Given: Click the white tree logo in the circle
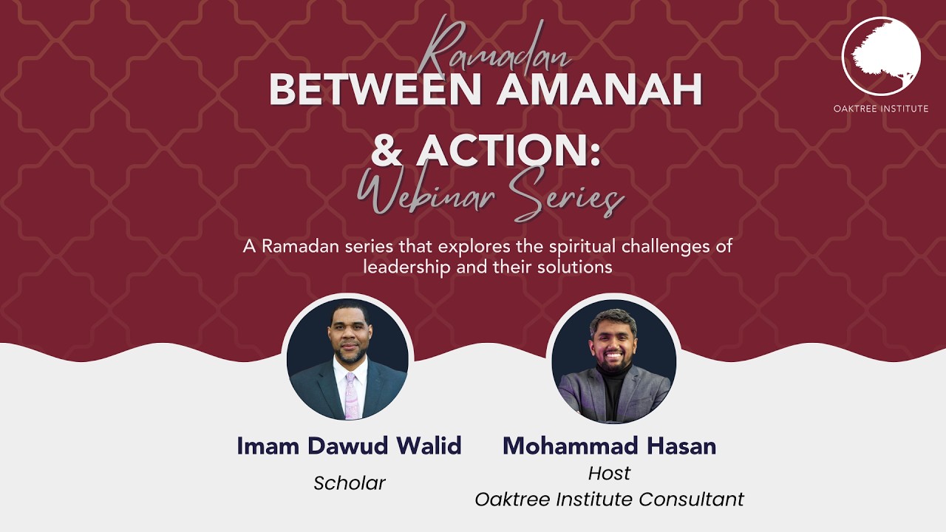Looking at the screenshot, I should point(881,55).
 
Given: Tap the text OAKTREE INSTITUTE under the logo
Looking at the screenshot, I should point(881,109).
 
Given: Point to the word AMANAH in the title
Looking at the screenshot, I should point(591,90).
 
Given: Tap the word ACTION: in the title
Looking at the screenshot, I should point(508,150).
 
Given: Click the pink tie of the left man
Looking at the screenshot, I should point(350,395).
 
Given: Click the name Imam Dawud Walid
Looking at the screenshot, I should point(349,446).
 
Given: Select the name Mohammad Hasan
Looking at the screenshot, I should point(609,446).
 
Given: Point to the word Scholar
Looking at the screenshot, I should point(350,483).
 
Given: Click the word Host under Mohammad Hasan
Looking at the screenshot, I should point(609,473).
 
